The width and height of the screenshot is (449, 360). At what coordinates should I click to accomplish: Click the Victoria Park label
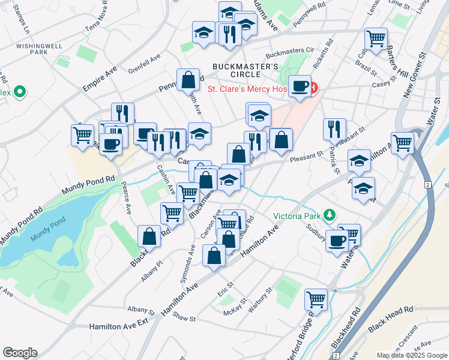tap(297, 216)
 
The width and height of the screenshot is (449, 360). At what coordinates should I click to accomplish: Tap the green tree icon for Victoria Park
tap(328, 215)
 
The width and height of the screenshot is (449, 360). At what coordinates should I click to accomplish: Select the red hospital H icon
tap(313, 89)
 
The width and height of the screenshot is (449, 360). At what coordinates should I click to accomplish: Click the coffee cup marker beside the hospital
tap(300, 86)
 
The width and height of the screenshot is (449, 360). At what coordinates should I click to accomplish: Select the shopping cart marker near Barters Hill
tap(376, 38)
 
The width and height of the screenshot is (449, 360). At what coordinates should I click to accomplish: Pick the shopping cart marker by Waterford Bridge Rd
tap(316, 299)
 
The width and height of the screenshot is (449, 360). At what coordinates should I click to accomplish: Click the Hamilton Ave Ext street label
tap(119, 326)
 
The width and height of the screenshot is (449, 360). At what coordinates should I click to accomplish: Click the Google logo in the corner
tap(20, 353)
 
